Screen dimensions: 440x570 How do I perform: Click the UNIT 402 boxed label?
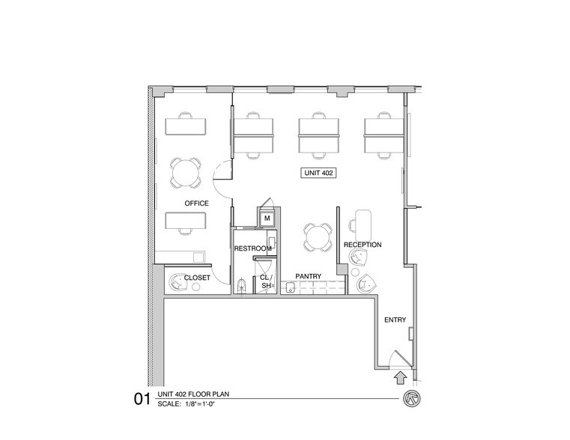(318, 173)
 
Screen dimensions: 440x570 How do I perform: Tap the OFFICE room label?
(196, 204)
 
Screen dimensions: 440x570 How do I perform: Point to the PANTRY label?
(308, 276)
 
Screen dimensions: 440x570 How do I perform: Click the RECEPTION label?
(363, 245)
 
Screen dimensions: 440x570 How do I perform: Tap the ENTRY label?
(395, 320)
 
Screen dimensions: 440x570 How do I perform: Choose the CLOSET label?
(197, 277)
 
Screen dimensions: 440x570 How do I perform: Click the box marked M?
(267, 219)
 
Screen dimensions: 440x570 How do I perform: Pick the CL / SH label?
(264, 281)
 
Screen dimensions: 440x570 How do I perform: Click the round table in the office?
(185, 173)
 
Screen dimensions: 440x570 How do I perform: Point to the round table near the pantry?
(316, 237)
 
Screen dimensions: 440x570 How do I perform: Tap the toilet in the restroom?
(241, 285)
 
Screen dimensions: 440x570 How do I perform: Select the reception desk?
(363, 222)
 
